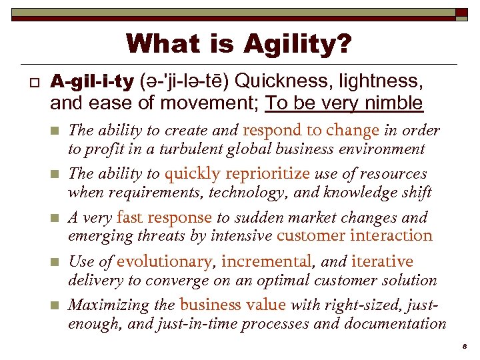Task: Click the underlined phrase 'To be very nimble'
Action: [x=344, y=103]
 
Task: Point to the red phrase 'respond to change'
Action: [x=311, y=130]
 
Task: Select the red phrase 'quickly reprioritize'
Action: [x=237, y=174]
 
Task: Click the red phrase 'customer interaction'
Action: [x=354, y=235]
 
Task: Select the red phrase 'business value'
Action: [x=232, y=305]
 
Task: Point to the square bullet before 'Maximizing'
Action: [x=56, y=306]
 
